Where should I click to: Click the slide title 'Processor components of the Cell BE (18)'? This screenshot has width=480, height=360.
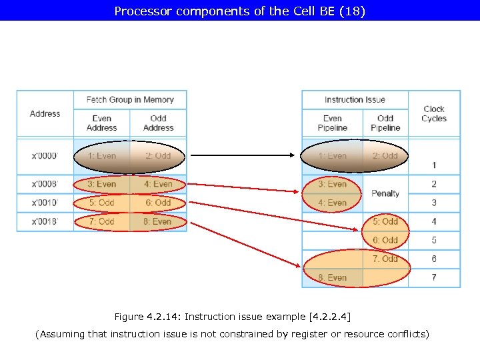pos(240,11)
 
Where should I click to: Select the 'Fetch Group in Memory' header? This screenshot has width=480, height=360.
pos(130,100)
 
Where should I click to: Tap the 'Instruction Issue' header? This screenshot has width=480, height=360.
pos(355,100)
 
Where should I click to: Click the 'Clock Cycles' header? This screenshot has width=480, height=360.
pos(433,113)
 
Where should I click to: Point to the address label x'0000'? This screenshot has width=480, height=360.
pos(45,156)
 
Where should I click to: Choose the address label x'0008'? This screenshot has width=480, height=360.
pos(45,184)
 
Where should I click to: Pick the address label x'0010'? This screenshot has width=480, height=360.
pos(45,203)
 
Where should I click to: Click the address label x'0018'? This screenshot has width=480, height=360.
pos(45,221)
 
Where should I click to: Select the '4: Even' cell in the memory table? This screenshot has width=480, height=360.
pos(158,184)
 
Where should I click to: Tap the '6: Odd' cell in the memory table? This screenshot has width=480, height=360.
pos(158,203)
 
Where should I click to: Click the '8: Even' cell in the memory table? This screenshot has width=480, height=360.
pos(158,221)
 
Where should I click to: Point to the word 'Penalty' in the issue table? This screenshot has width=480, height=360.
pos(385,193)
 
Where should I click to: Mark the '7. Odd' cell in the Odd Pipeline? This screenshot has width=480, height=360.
pos(385,259)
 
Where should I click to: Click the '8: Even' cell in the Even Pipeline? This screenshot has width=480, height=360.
pos(332,277)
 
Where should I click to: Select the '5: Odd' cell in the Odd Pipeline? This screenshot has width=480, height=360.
pos(385,221)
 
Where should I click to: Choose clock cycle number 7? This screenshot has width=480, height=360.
pos(434,277)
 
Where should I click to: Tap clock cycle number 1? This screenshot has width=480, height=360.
pos(434,165)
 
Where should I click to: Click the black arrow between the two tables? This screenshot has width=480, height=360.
pos(243,156)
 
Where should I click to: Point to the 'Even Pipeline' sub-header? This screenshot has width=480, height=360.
pos(332,123)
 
